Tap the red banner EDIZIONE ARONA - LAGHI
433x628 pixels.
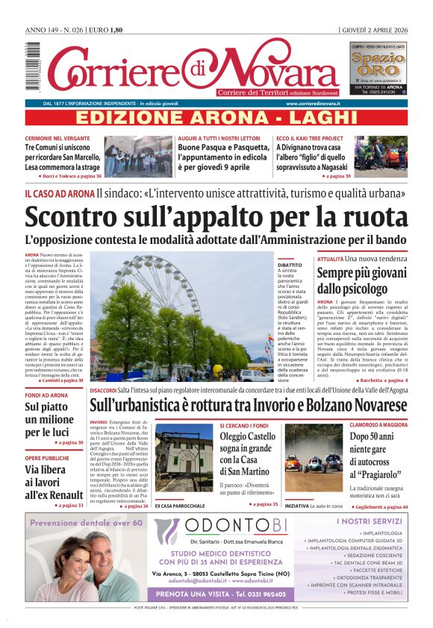216,117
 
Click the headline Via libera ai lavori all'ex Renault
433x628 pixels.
54,482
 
